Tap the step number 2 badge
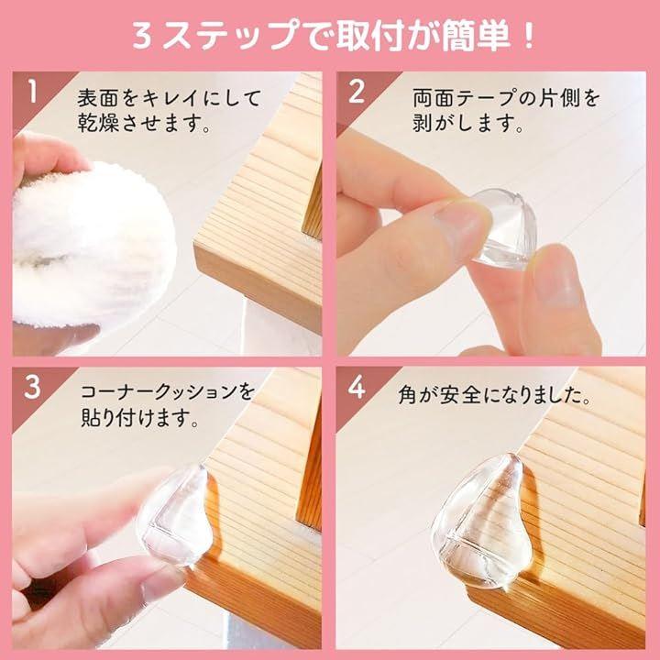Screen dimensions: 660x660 click(x=356, y=92)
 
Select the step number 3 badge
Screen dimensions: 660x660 click(x=32, y=387)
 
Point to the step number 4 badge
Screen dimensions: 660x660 click(x=356, y=387)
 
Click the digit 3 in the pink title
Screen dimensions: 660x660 click(x=143, y=37)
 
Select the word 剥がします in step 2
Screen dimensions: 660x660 click(x=467, y=123)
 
